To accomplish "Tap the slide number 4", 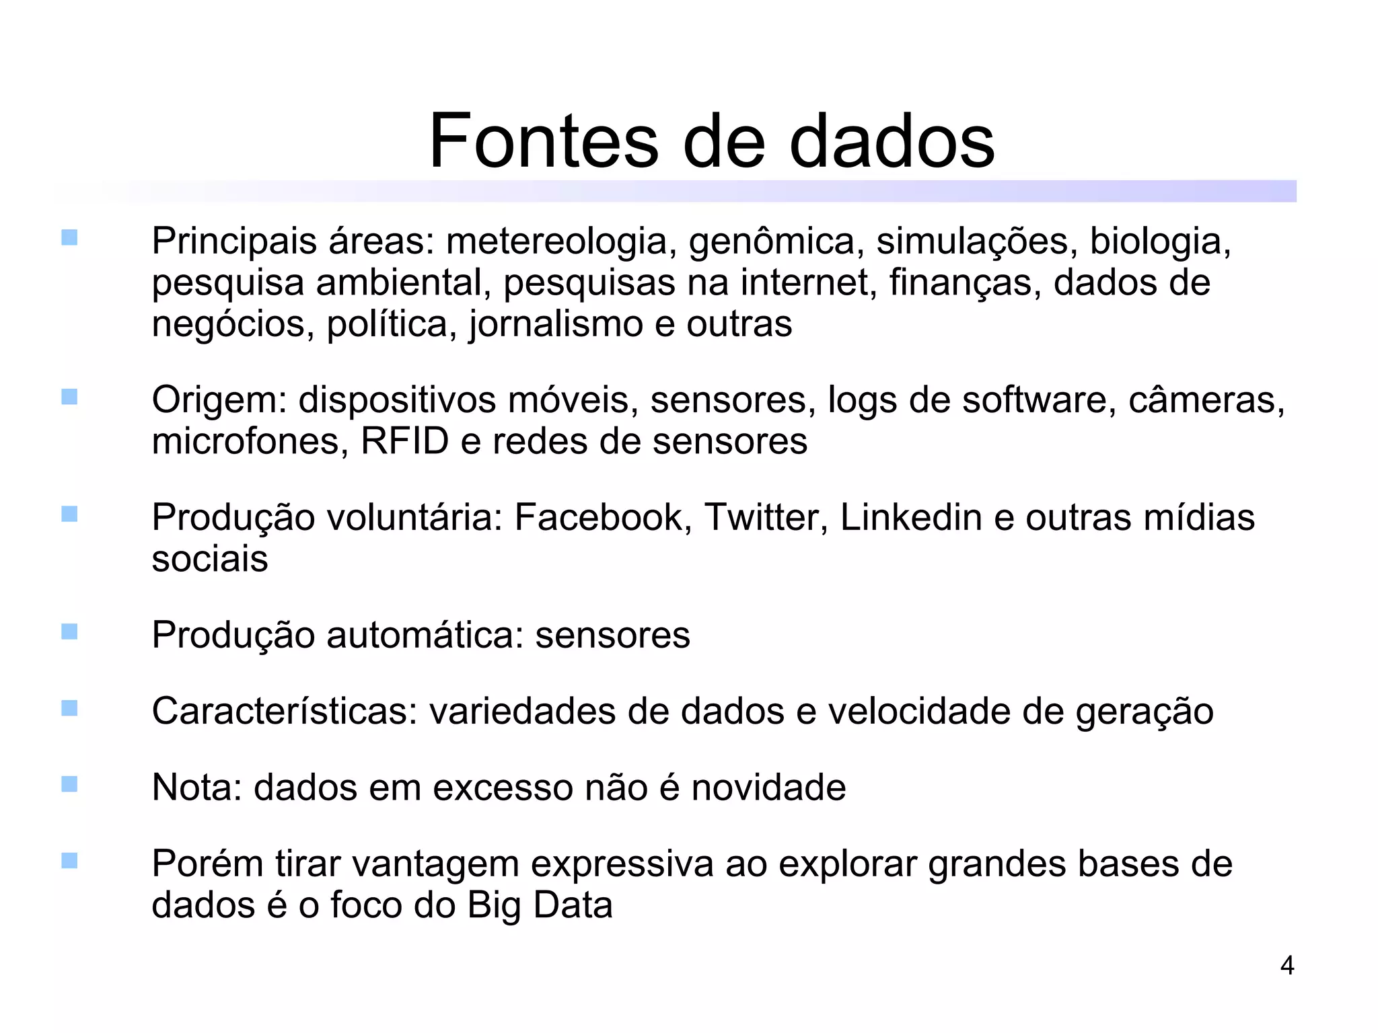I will coord(1286,966).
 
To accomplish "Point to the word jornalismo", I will coord(556,325).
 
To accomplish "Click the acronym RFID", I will coord(404,441).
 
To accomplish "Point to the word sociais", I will coord(210,559).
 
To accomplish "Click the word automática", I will coord(425,635).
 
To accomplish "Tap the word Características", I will coord(285,712).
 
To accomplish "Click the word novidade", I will coord(768,788).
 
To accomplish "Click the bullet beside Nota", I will coord(69,784).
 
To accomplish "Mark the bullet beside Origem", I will coord(69,397).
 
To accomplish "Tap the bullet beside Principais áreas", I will coord(69,237).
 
